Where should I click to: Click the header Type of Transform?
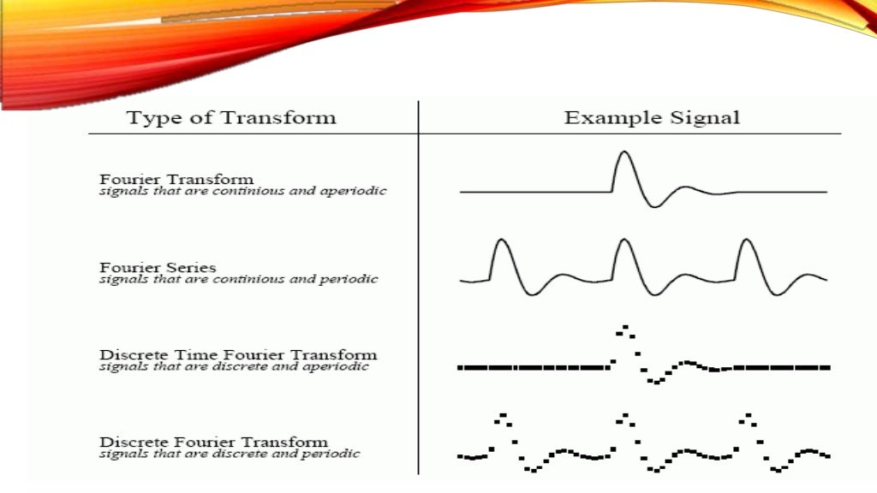pos(231,117)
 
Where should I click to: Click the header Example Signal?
pos(652,117)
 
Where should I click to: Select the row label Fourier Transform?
pos(176,179)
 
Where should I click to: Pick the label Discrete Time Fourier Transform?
pos(238,354)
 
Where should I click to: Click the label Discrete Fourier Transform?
pos(213,442)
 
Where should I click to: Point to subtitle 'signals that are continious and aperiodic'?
pos(242,191)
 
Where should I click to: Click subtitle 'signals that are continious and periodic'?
pos(238,279)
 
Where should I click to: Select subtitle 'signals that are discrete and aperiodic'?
pos(234,366)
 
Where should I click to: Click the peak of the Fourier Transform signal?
pos(623,152)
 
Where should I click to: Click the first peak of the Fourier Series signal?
pos(500,241)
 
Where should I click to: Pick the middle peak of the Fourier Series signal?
pos(623,241)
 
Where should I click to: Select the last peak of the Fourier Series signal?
pos(747,241)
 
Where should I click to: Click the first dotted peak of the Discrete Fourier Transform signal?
pos(502,417)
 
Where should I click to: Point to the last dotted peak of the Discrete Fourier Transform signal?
pos(749,417)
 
